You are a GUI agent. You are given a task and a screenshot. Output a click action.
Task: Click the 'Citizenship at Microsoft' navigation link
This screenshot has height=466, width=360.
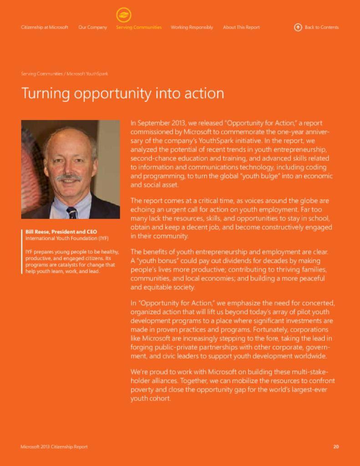click(45, 27)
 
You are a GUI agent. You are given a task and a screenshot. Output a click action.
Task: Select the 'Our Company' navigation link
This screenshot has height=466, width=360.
click(92, 27)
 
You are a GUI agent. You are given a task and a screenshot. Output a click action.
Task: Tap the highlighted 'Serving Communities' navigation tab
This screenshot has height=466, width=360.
click(139, 27)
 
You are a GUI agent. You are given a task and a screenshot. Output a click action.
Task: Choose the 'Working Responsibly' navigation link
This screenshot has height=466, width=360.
click(192, 27)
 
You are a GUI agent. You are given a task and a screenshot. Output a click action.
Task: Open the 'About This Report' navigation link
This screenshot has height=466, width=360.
click(241, 27)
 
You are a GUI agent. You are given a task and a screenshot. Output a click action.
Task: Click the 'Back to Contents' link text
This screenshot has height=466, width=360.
click(321, 27)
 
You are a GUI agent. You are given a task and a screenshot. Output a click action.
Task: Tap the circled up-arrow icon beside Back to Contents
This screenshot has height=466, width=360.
click(298, 27)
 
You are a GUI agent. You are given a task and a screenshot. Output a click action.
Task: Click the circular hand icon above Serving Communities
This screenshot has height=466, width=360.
click(123, 15)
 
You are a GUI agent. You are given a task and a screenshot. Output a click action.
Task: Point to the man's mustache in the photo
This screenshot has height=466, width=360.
click(69, 177)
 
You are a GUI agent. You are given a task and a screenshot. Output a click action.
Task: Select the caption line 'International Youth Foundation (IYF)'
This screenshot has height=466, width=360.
click(67, 238)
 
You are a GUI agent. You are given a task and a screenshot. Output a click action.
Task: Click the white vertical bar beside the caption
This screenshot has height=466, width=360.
click(22, 252)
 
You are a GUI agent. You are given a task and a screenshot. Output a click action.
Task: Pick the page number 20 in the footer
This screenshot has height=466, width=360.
click(336, 447)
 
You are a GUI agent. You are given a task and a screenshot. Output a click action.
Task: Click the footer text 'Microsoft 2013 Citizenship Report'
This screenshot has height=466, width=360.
click(54, 447)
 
